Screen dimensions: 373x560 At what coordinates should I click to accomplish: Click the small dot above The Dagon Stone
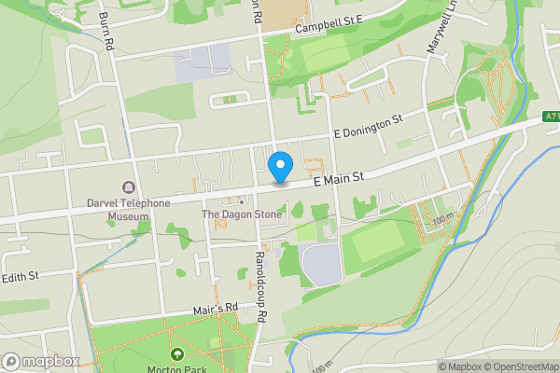pyautogui.click(x=241, y=200)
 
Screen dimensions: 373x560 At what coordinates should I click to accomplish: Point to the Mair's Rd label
pyautogui.click(x=217, y=308)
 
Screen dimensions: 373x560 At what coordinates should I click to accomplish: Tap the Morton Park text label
pyautogui.click(x=175, y=367)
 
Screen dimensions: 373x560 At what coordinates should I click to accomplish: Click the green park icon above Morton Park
pyautogui.click(x=177, y=353)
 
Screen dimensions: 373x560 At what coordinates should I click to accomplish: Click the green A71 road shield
pyautogui.click(x=550, y=119)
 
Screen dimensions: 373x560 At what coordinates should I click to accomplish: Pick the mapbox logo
pyautogui.click(x=40, y=361)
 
